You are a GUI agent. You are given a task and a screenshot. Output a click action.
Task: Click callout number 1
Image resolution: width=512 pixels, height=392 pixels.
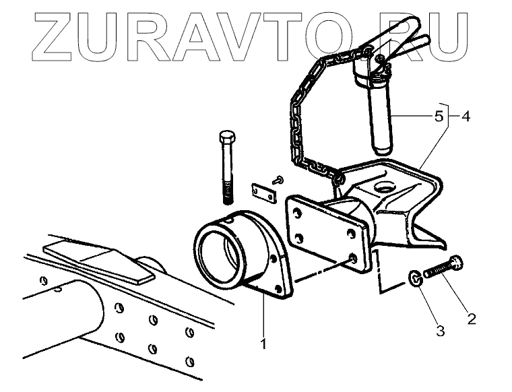263,344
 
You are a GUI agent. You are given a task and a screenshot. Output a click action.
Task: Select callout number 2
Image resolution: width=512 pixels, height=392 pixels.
471,318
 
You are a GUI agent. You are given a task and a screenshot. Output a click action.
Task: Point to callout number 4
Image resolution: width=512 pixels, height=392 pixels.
466,116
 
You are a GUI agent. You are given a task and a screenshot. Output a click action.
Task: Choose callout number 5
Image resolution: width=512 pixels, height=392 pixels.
439,116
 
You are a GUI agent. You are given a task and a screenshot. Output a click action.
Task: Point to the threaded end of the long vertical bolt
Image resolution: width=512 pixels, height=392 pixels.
227,193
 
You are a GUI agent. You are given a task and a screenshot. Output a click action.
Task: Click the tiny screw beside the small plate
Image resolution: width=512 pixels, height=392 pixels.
277,178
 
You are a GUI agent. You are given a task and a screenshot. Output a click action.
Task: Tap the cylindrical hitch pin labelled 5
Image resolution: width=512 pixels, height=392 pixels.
380,121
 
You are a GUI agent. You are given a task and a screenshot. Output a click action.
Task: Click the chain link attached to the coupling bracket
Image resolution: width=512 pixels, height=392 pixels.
335,176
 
